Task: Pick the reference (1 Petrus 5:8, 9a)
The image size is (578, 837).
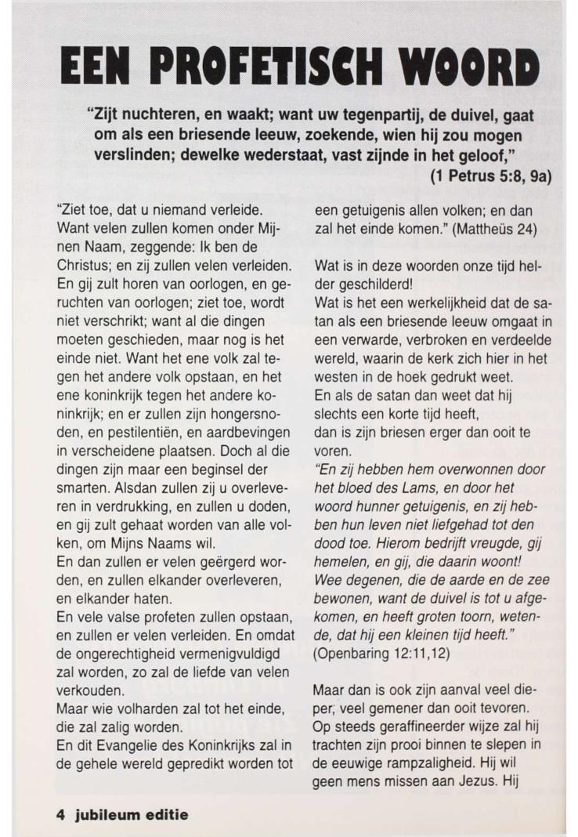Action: point(491,176)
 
